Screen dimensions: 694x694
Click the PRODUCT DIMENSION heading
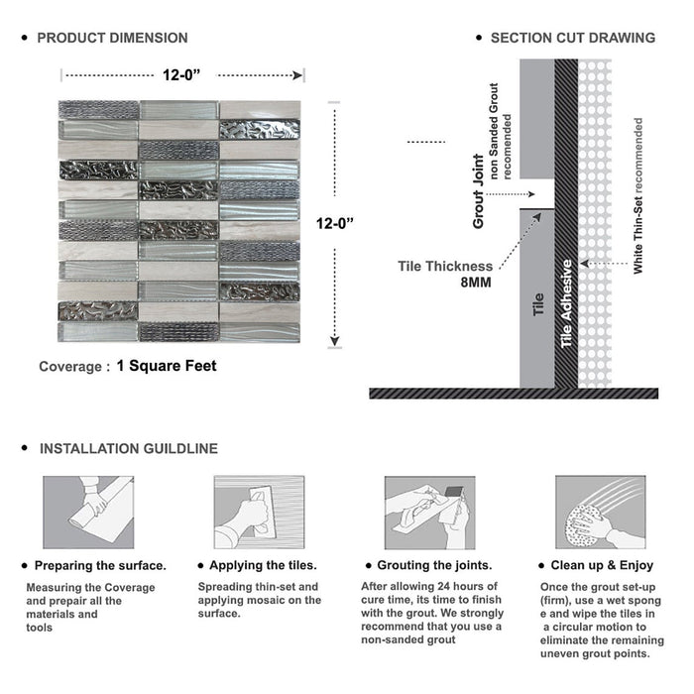point(112,38)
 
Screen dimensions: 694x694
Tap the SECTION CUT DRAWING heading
point(572,38)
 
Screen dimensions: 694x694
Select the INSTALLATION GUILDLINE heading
point(128,448)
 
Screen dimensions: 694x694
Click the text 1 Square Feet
point(166,366)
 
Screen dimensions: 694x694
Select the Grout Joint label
point(479,191)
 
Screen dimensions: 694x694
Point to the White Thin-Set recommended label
point(638,196)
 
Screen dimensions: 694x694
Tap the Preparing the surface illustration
point(88,512)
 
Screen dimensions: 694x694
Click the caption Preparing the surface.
point(100,565)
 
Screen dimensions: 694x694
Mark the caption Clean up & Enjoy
point(610,565)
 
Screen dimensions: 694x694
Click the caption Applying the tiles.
point(270,565)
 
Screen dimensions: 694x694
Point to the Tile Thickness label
point(445,266)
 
